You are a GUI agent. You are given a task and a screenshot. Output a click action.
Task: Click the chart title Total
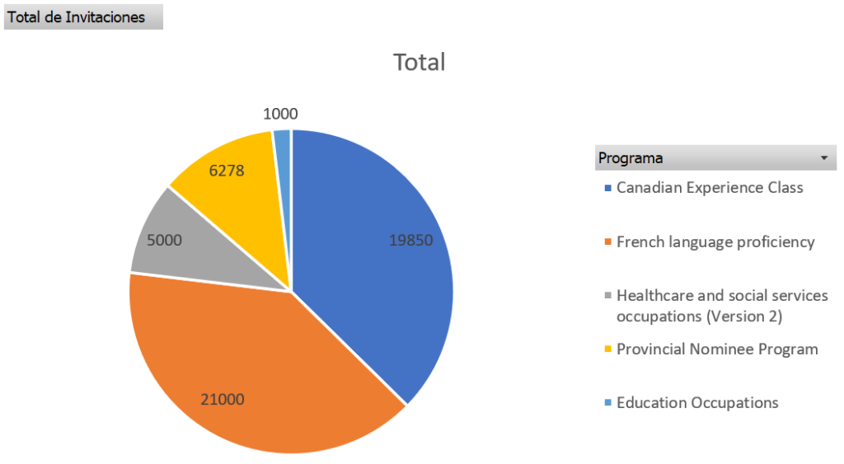click(x=419, y=62)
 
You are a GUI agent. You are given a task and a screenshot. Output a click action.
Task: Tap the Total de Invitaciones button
click(x=82, y=16)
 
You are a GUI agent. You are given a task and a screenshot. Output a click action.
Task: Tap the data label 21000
click(x=223, y=399)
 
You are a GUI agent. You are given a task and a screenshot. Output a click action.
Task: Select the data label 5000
click(x=163, y=241)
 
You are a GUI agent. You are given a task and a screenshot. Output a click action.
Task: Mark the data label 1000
click(x=280, y=114)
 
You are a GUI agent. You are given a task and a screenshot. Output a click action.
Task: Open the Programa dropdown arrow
click(x=823, y=157)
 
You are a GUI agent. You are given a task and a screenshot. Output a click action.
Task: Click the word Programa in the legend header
click(x=631, y=157)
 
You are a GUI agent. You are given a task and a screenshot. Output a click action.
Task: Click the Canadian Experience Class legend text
click(x=710, y=188)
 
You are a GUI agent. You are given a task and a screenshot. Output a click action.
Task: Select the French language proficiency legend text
click(x=715, y=241)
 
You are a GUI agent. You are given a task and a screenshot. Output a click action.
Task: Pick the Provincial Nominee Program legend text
click(x=717, y=349)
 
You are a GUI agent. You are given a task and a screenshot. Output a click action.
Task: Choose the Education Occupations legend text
click(x=697, y=402)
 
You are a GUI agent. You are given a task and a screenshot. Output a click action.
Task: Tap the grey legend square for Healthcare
click(x=608, y=296)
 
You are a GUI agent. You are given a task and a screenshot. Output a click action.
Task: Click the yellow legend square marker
click(x=608, y=349)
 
